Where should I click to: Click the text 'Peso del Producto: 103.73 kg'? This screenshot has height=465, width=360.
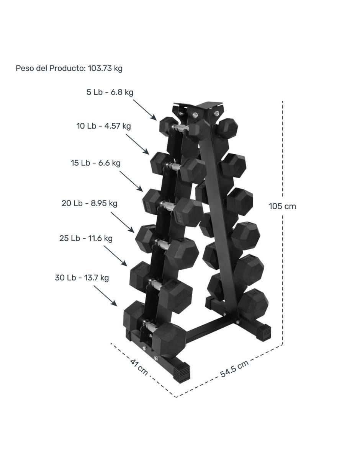click(69, 68)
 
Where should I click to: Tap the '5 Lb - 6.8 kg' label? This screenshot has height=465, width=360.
click(110, 92)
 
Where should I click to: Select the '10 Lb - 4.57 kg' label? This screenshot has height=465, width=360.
click(103, 126)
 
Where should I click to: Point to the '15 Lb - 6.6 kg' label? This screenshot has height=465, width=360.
click(95, 163)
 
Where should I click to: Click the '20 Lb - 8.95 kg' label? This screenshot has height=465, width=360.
click(90, 203)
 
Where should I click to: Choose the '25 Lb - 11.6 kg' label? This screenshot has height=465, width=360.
click(86, 238)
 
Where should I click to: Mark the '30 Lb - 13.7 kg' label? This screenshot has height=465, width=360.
click(82, 277)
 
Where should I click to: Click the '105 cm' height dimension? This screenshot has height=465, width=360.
click(282, 206)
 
